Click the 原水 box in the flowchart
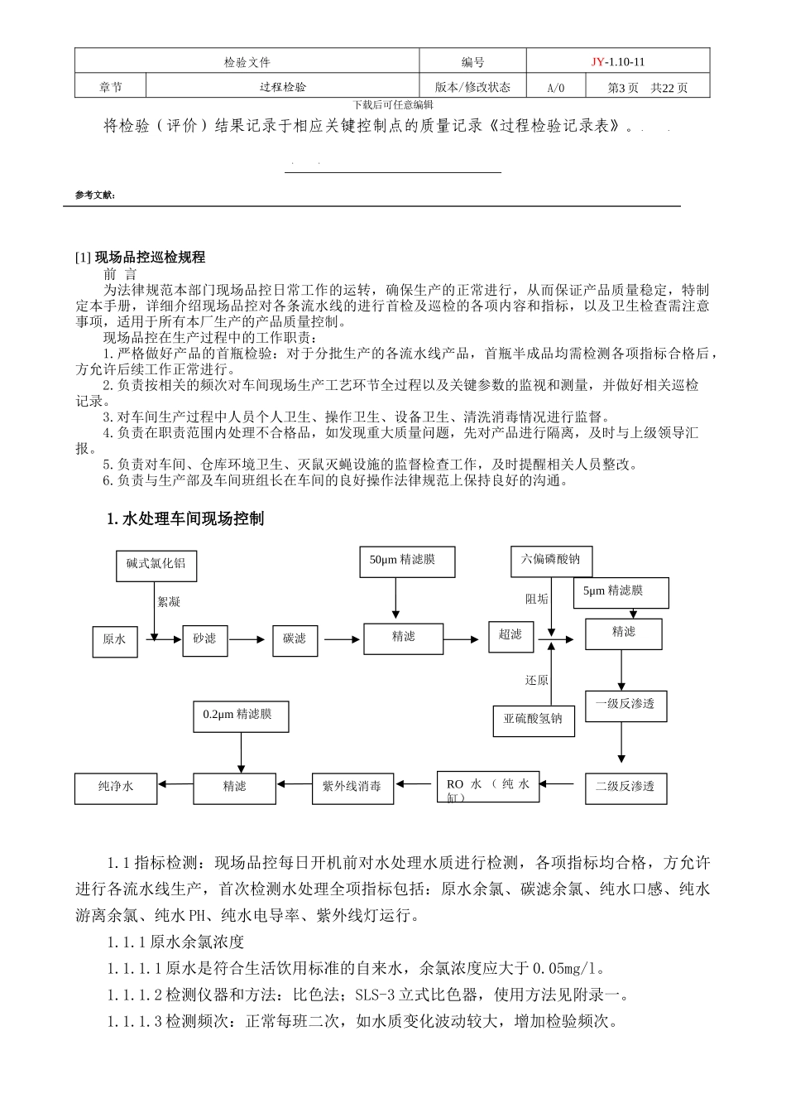(x=114, y=640)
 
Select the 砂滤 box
(x=204, y=640)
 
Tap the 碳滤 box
(x=295, y=640)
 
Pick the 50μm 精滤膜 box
(x=402, y=561)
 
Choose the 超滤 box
(x=510, y=636)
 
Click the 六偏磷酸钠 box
(x=550, y=561)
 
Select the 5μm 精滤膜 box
(x=621, y=592)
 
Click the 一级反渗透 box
(x=625, y=705)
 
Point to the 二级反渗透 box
(x=625, y=787)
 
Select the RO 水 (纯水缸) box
(x=488, y=787)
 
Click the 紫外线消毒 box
(x=352, y=787)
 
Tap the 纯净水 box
(x=116, y=787)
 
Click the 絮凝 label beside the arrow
(x=170, y=602)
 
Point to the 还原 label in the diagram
(x=536, y=681)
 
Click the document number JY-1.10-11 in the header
(x=618, y=62)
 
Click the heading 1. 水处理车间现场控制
(x=186, y=519)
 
